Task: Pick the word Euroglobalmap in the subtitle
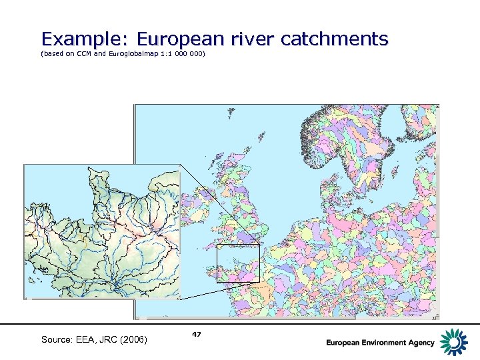pos(133,53)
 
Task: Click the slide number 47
pos(196,333)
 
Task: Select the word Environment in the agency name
pos(385,343)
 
